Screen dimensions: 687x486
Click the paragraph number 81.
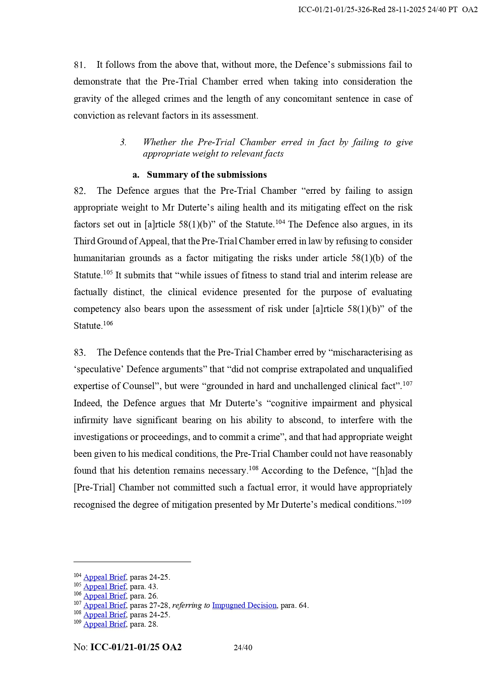(x=79, y=65)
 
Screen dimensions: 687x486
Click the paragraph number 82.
(x=79, y=191)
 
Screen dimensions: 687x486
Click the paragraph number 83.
(x=79, y=353)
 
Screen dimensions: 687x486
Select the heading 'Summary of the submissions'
(x=206, y=175)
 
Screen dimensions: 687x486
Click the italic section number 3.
(x=123, y=142)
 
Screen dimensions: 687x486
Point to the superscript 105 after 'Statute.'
(x=108, y=273)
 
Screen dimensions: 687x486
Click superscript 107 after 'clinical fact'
(x=407, y=384)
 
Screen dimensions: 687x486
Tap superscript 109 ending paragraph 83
(x=406, y=502)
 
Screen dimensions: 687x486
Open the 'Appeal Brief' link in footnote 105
(x=105, y=587)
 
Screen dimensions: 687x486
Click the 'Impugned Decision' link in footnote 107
(x=244, y=606)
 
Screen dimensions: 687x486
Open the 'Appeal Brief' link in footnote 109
(x=105, y=624)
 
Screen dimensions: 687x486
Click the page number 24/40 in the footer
(x=243, y=647)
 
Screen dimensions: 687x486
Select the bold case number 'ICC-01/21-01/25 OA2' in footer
(x=136, y=647)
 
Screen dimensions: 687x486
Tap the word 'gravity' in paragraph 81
(x=87, y=99)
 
